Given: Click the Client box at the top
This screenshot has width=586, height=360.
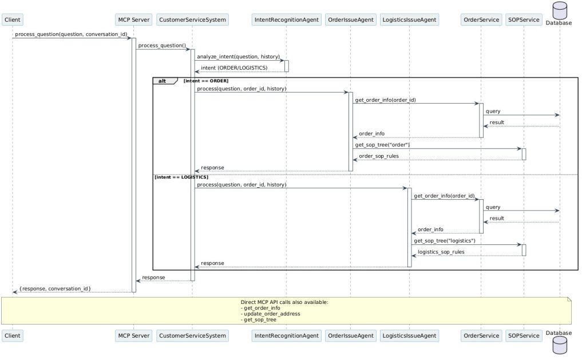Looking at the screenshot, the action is [13, 20].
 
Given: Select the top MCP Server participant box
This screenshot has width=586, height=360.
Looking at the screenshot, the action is [134, 20].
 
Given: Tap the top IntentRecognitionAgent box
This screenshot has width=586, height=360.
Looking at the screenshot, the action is [287, 20].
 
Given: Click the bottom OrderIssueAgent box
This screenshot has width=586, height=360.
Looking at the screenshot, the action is [351, 336].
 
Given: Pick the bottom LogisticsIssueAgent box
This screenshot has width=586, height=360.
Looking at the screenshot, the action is [409, 336].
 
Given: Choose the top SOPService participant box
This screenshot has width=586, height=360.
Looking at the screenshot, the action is [524, 20].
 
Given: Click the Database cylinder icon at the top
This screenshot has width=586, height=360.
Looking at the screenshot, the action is [560, 10].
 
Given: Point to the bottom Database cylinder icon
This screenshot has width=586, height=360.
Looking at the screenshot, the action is [560, 345].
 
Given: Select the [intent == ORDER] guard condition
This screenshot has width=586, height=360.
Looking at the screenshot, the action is [206, 81].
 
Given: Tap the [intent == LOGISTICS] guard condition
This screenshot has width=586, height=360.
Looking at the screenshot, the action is [181, 177].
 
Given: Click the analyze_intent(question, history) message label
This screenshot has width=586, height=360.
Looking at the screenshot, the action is [239, 57].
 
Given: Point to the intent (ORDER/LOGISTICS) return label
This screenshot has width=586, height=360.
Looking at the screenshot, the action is [234, 68].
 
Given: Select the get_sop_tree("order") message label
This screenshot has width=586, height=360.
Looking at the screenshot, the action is [382, 145].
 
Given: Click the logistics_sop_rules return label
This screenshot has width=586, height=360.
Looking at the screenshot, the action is [441, 252].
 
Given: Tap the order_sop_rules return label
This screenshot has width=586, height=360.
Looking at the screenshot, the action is [379, 156].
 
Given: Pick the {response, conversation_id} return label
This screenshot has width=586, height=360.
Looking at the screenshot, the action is [56, 288].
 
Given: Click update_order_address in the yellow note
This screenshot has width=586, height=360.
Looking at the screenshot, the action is [272, 314].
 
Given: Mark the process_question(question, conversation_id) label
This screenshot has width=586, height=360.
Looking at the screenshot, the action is [71, 34].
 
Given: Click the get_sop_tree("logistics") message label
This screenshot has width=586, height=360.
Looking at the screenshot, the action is [445, 241].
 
